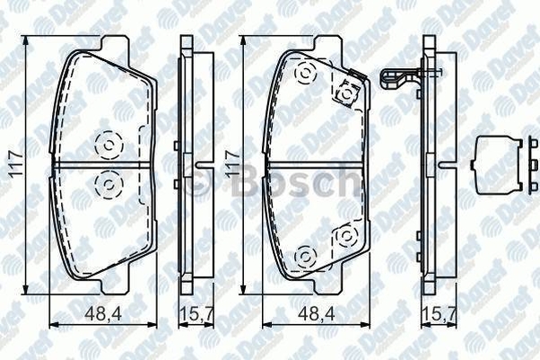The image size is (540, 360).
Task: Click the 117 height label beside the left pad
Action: [x=15, y=164]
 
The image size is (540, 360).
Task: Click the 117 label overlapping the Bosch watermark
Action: [x=232, y=164]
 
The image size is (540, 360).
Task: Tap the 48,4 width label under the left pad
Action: [x=103, y=313]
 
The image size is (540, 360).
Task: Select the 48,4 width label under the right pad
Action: [x=317, y=313]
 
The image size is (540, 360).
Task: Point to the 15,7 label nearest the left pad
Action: [x=197, y=313]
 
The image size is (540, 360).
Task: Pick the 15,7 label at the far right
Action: [x=440, y=313]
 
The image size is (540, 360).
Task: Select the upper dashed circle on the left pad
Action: [x=109, y=145]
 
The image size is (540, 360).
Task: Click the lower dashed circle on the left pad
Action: [x=109, y=185]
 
